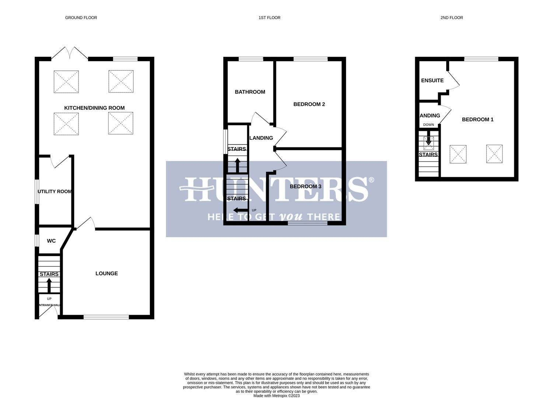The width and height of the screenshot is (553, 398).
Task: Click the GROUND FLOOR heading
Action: pos(81,18)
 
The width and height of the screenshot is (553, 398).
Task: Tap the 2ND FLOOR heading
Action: pos(451,18)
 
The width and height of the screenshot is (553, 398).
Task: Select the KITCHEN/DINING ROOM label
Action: pos(94,108)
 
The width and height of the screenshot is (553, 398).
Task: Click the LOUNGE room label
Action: pos(106,273)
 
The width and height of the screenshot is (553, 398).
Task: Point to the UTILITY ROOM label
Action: pos(55,192)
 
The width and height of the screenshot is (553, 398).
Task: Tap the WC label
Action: pos(51,241)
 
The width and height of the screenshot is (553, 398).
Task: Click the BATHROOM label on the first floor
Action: pos(250,92)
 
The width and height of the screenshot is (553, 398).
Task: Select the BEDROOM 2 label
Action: pos(309,104)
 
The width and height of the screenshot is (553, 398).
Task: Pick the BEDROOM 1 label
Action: pos(477,119)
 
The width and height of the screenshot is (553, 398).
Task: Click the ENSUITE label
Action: pos(432,81)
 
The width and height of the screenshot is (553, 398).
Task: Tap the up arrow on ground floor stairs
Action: pos(49,285)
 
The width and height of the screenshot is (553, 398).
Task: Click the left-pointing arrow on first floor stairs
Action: pos(241,210)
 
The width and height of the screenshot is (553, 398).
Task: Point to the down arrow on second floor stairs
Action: pos(428,141)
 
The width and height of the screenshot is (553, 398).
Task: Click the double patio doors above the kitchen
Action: pos(70,53)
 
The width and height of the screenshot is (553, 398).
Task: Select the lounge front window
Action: pos(106,317)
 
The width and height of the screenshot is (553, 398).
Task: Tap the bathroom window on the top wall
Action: pos(251,59)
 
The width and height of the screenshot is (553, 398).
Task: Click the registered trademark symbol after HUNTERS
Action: pos(371,180)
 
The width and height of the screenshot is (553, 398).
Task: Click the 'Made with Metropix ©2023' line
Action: pos(276,396)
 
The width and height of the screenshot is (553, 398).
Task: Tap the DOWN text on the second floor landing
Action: pos(428,125)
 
